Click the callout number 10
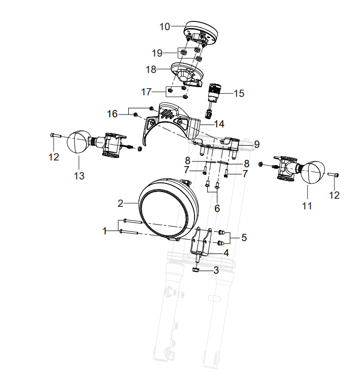point(164,26)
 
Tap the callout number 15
point(239,93)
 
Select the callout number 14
point(219,124)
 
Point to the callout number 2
point(120,204)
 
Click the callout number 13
point(79,176)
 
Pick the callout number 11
point(307,206)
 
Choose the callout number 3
point(216,270)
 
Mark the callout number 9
point(257,144)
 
